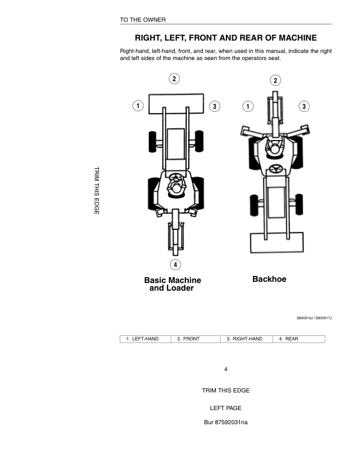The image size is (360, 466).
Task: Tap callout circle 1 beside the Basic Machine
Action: click(x=137, y=106)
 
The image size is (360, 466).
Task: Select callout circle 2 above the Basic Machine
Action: click(x=174, y=79)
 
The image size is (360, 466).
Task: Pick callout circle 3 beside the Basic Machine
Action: click(x=215, y=106)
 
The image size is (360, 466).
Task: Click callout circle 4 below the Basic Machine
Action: click(x=175, y=264)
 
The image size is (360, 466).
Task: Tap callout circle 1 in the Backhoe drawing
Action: click(x=248, y=106)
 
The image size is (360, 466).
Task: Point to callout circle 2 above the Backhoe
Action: click(x=275, y=80)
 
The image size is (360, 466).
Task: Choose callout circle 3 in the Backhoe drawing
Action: click(x=304, y=106)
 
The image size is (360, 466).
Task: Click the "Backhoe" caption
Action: click(x=269, y=279)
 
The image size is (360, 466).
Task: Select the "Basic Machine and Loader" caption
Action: click(x=172, y=284)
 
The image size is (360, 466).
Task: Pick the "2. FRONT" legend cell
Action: click(x=188, y=339)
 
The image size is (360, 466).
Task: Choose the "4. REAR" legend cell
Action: click(x=288, y=339)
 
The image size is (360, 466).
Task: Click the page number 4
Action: click(x=225, y=369)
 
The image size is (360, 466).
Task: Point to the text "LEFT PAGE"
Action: click(x=225, y=408)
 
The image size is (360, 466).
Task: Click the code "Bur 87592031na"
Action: click(x=225, y=422)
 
